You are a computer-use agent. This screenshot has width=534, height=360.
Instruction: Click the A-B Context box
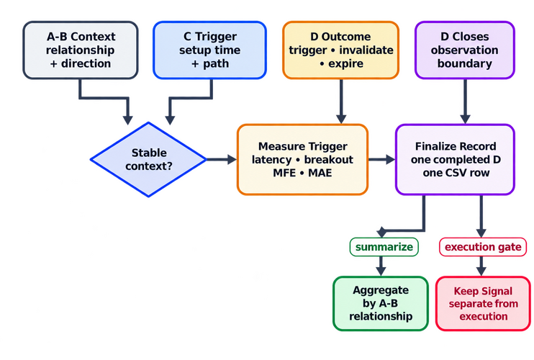[x=81, y=50]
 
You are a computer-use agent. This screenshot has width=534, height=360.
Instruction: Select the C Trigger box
[x=209, y=50]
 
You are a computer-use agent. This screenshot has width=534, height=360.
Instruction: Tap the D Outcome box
[x=340, y=50]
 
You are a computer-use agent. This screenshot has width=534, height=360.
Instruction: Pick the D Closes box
[x=464, y=50]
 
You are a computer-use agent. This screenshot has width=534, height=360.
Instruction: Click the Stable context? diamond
[x=148, y=159]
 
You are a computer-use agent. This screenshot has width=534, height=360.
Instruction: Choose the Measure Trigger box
[x=302, y=159]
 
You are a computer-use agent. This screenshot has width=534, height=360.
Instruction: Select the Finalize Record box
[x=455, y=159]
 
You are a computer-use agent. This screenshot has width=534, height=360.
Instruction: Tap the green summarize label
[x=384, y=247]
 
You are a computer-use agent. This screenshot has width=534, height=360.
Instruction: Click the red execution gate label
[x=483, y=247]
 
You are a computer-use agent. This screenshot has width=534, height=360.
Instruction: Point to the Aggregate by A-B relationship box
[x=381, y=303]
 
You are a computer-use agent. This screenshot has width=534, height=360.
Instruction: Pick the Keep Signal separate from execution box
[x=483, y=303]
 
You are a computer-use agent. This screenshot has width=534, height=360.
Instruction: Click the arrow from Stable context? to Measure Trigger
[x=222, y=159]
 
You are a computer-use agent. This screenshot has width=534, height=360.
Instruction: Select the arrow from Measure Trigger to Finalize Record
[x=381, y=159]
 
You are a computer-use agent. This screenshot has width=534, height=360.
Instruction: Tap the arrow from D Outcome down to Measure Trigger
[x=341, y=101]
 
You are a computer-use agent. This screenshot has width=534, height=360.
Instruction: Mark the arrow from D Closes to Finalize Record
[x=465, y=101]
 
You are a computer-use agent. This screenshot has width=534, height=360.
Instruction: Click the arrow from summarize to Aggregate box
[x=381, y=266]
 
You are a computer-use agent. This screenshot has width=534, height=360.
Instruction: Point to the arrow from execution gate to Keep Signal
[x=481, y=266]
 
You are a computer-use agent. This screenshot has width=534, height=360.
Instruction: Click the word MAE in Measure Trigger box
[x=320, y=173]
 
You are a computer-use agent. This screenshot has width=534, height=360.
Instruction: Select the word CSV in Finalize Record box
[x=455, y=173]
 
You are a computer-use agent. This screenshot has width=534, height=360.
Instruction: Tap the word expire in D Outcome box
[x=345, y=63]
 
